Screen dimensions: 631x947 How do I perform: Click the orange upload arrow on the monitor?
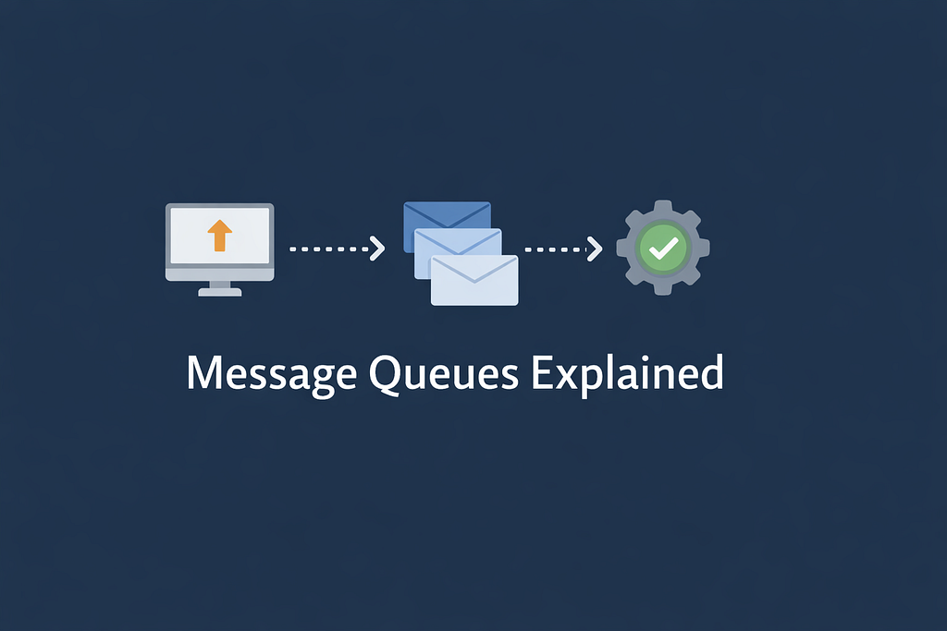click(x=219, y=236)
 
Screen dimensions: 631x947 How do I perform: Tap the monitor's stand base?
click(x=219, y=291)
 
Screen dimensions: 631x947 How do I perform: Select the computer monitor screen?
click(x=219, y=237)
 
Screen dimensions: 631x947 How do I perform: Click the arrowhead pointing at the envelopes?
click(x=377, y=249)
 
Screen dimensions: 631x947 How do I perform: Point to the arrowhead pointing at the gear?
click(x=595, y=249)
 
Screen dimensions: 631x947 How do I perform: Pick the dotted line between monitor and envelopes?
click(x=328, y=249)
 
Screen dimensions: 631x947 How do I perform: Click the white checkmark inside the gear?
click(x=663, y=248)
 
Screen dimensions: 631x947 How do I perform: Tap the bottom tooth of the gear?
click(x=663, y=288)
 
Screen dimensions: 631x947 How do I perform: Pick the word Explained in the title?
click(x=628, y=375)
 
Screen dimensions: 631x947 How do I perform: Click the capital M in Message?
click(x=203, y=372)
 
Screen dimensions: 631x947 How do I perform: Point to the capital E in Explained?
click(x=544, y=372)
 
